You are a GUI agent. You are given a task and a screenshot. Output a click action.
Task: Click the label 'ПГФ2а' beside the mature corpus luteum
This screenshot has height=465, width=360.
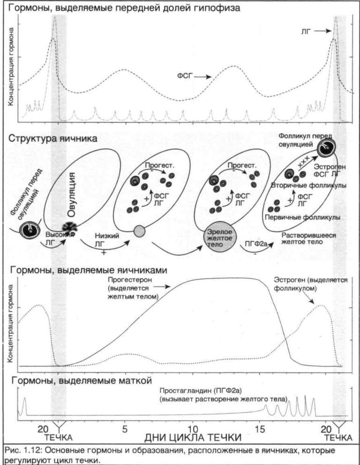pyautogui.click(x=255, y=244)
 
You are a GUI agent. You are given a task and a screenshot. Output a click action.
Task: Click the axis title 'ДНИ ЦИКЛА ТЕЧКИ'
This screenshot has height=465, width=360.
pyautogui.click(x=193, y=438)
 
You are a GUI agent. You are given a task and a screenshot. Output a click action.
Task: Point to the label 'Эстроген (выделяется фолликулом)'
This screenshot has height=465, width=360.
pyautogui.click(x=310, y=284)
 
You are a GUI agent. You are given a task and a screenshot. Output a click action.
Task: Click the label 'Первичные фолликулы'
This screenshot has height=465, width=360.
pyautogui.click(x=302, y=218)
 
